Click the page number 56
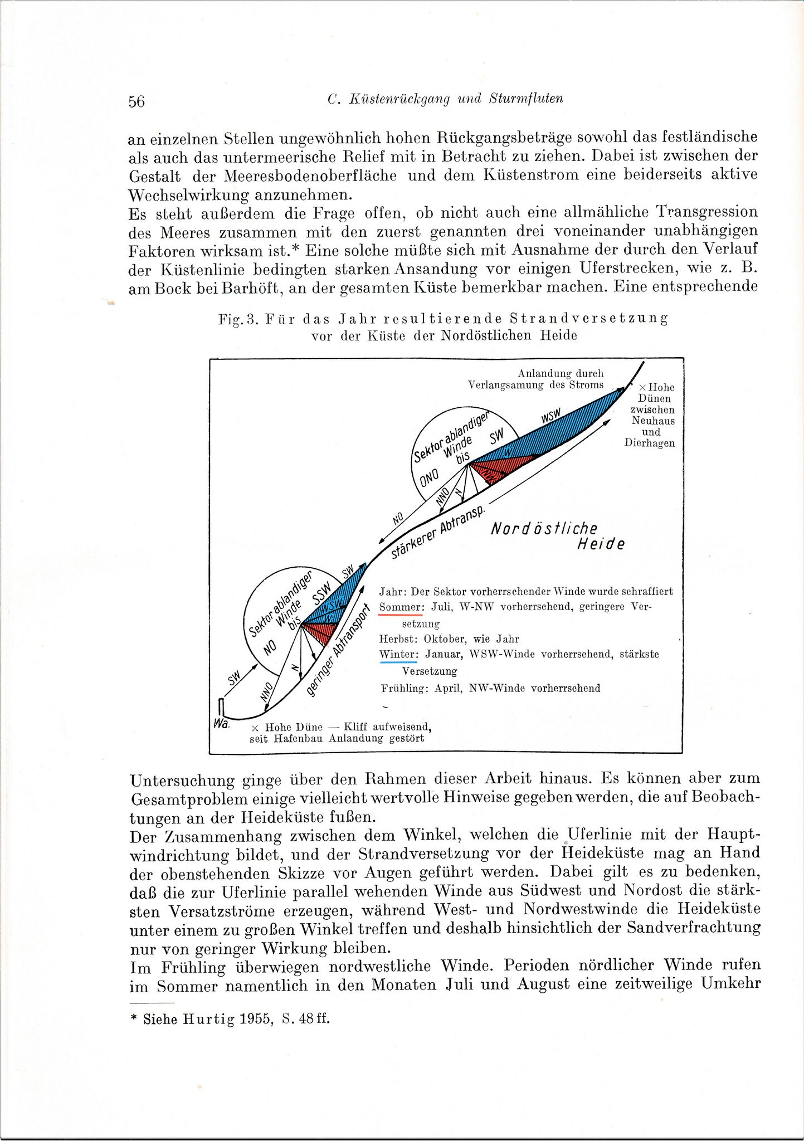point(137,101)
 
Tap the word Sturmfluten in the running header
point(526,99)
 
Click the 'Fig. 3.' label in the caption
point(238,319)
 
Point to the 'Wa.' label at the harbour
point(221,724)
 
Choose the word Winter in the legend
point(398,654)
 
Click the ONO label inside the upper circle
point(430,477)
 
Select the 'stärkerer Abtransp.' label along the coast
point(438,532)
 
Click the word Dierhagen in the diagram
point(650,443)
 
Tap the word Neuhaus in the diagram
point(653,421)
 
